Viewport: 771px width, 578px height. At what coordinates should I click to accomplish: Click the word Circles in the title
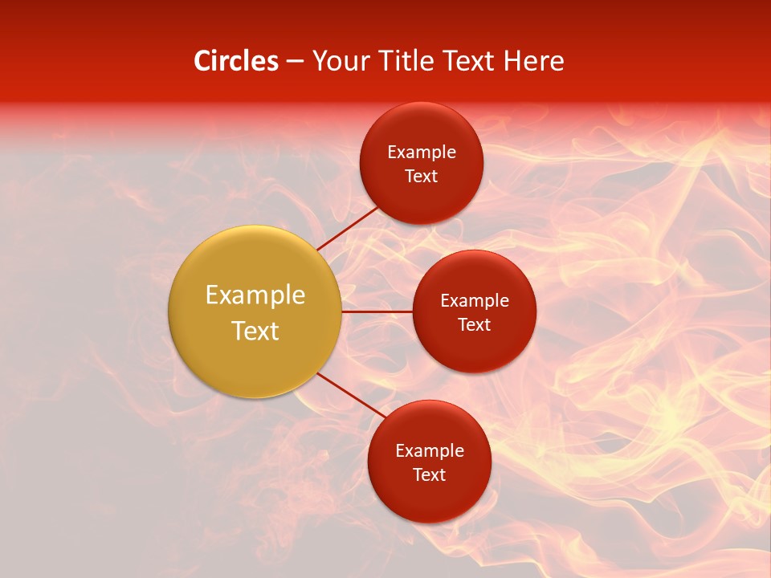tap(235, 61)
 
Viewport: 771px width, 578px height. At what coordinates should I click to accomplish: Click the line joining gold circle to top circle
tap(347, 228)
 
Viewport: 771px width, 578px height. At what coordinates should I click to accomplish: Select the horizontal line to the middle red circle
tap(377, 311)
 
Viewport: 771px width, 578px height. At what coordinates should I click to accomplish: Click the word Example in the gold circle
tap(255, 295)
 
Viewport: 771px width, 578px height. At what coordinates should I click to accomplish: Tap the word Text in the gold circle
tap(255, 331)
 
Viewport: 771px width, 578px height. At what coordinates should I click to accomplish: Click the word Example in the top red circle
tap(422, 153)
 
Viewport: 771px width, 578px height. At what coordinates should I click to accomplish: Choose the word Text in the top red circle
tap(421, 177)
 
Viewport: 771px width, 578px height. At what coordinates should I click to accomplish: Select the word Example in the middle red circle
tap(475, 301)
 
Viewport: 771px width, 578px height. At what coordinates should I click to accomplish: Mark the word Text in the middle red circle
tap(474, 325)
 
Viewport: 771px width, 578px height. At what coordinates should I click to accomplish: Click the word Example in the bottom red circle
tap(430, 451)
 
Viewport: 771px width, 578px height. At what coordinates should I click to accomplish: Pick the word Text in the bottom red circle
tap(429, 475)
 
